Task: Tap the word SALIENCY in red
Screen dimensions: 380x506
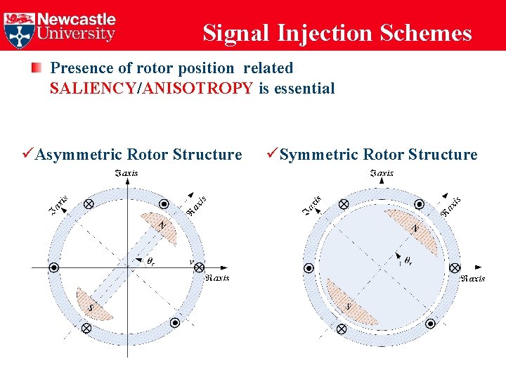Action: point(94,89)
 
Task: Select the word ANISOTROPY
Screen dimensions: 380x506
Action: point(197,89)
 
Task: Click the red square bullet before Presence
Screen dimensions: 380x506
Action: point(36,68)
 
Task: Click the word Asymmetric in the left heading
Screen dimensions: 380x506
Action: point(79,155)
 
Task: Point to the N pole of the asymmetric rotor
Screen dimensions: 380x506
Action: point(161,226)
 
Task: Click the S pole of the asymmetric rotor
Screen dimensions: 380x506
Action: point(92,305)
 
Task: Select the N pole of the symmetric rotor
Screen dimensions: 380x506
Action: point(415,227)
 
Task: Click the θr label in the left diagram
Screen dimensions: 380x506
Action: point(150,262)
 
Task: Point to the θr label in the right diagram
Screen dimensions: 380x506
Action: point(406,262)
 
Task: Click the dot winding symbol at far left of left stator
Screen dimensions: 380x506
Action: point(53,267)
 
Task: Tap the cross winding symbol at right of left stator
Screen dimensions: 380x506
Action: point(199,267)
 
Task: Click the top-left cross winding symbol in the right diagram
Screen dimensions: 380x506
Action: point(343,204)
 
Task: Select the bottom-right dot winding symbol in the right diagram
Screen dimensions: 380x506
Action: point(430,323)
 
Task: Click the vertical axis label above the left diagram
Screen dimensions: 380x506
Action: point(126,173)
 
